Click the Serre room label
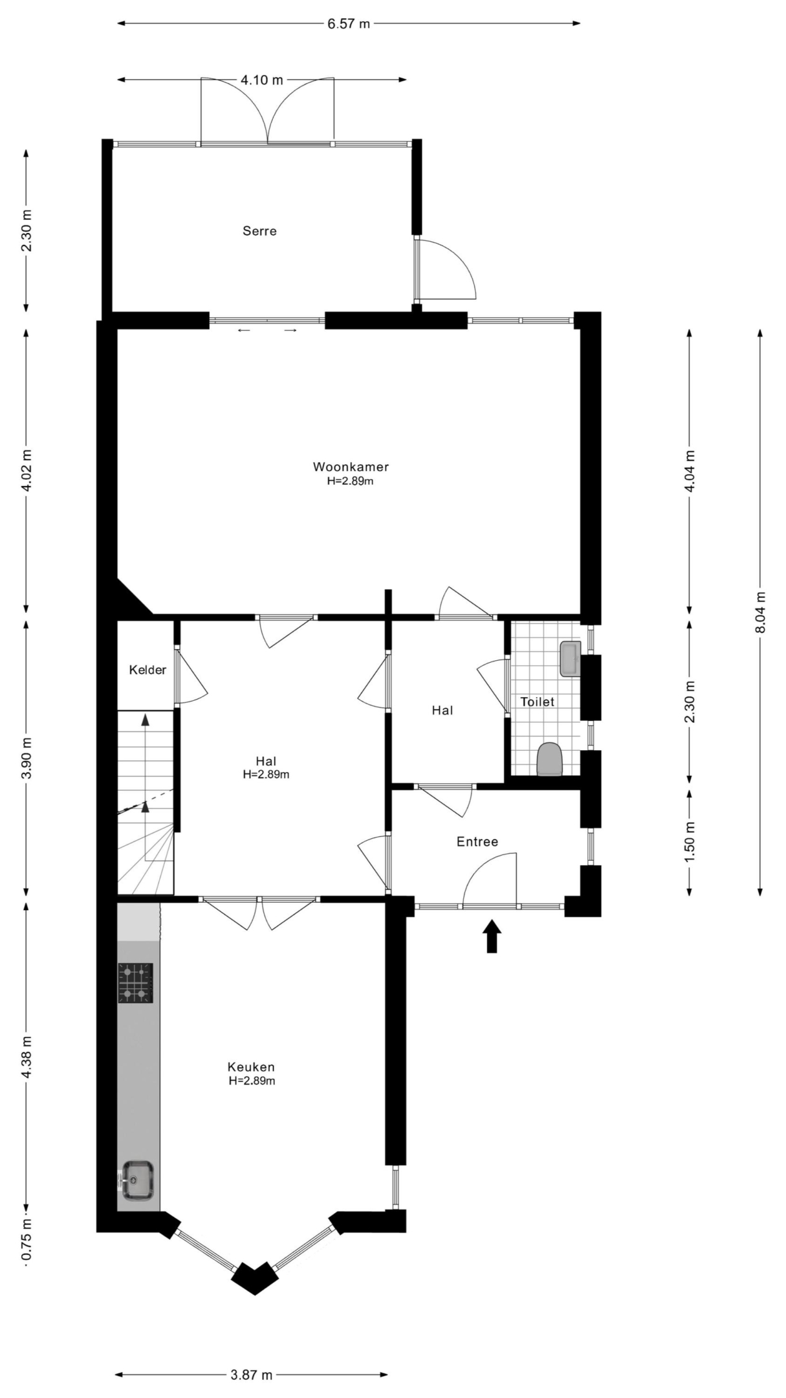(259, 231)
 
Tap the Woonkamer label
(351, 467)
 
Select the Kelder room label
(147, 670)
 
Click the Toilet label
(538, 702)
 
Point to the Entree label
(477, 841)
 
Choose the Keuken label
(251, 1067)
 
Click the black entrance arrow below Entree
(492, 937)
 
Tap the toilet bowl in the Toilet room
(550, 759)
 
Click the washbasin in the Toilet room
(571, 659)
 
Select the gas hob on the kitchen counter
(135, 983)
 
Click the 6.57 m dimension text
(349, 24)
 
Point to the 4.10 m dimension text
(262, 80)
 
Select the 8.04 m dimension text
(760, 613)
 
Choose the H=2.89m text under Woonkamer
(351, 482)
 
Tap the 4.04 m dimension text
(690, 471)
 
